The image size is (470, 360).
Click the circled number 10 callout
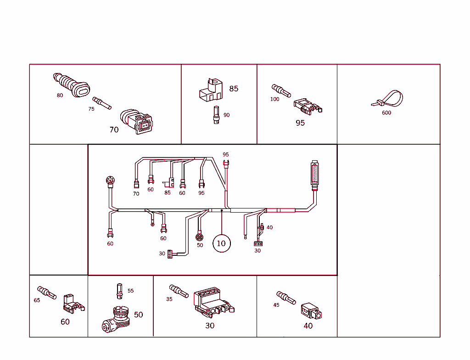coord(221,243)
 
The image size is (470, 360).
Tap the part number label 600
coord(386,113)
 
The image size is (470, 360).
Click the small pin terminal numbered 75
coord(102,103)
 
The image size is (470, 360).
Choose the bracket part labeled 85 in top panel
coord(210,90)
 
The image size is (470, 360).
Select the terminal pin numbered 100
coord(281,90)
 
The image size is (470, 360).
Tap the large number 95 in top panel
coord(300,123)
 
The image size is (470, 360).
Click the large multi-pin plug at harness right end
coord(314,175)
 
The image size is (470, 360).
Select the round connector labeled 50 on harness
coord(200,237)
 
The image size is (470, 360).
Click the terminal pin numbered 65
coord(47,292)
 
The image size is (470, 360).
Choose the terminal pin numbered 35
coord(179,291)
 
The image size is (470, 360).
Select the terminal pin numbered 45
coord(285,297)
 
